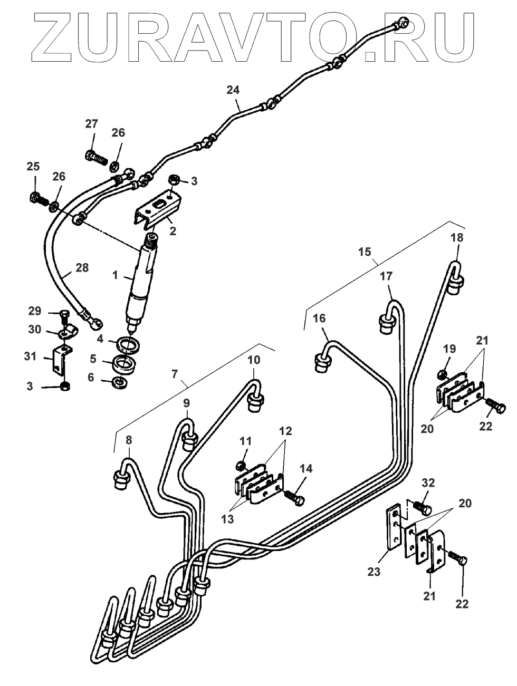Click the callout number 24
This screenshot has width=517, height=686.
[233, 90]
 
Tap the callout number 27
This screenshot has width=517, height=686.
[92, 124]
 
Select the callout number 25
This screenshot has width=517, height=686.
[33, 167]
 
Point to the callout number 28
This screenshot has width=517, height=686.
[82, 268]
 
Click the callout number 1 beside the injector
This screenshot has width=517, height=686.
[116, 275]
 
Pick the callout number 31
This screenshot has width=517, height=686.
[30, 356]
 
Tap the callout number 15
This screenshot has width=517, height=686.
[365, 252]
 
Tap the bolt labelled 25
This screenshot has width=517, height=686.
[40, 199]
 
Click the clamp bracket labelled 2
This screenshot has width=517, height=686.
[158, 209]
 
